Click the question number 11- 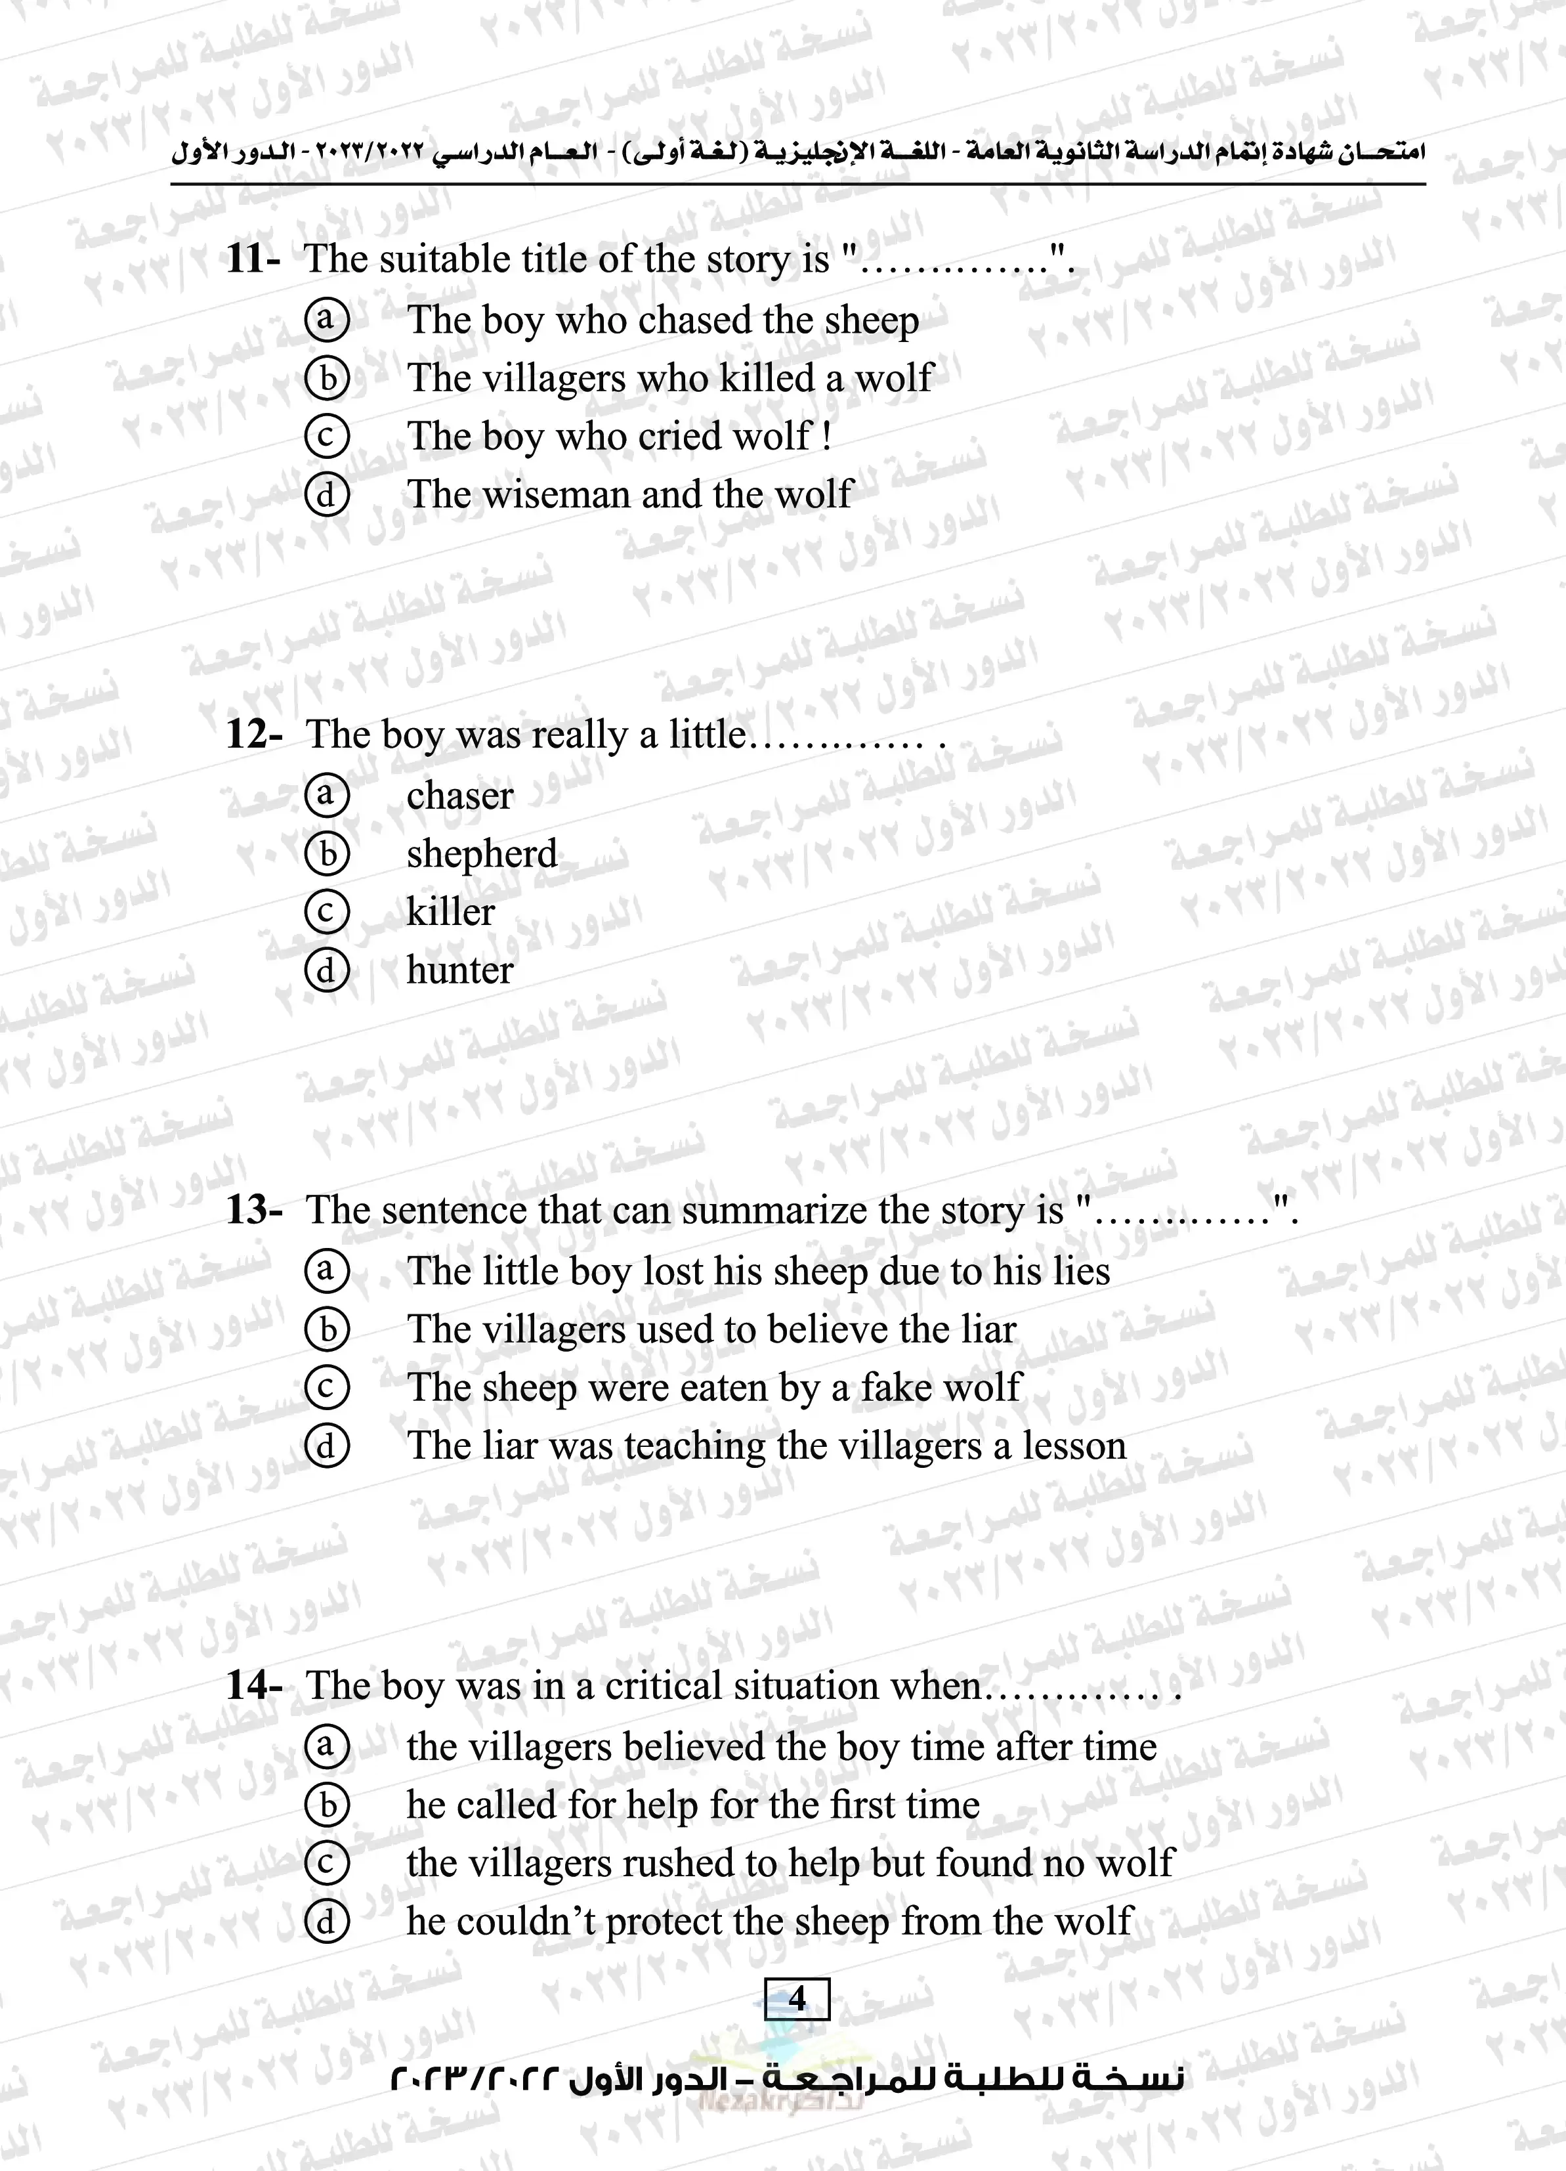253,259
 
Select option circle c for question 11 326,437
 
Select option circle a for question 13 326,1271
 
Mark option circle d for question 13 326,1446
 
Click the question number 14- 253,1686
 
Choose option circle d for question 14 326,1921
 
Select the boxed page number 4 796,1999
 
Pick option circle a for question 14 326,1746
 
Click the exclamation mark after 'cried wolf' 826,437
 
